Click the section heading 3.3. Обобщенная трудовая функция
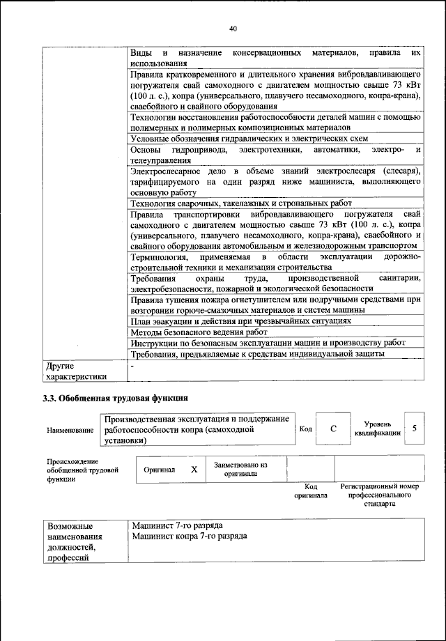(115, 399)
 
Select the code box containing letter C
(334, 429)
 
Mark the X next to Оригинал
(194, 470)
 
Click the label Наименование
(70, 430)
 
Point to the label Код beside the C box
(305, 428)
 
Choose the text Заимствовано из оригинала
(241, 469)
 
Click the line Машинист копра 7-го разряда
(189, 536)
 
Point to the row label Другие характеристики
(75, 371)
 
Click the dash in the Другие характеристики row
(132, 365)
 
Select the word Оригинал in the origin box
(160, 470)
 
